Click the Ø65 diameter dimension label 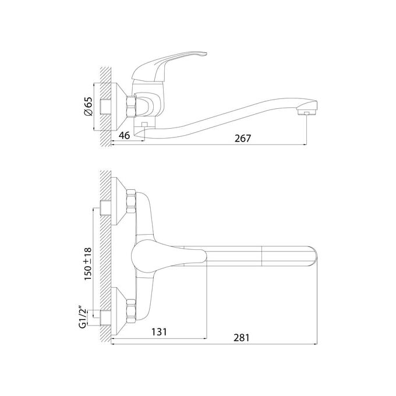pyautogui.click(x=89, y=106)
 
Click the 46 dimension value pyautogui.click(x=124, y=136)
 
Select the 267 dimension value pyautogui.click(x=243, y=139)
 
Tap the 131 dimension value pyautogui.click(x=159, y=331)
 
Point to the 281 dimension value pyautogui.click(x=242, y=338)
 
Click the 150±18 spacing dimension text pyautogui.click(x=88, y=264)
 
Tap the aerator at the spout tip pyautogui.click(x=306, y=112)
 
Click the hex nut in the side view pyautogui.click(x=131, y=107)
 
